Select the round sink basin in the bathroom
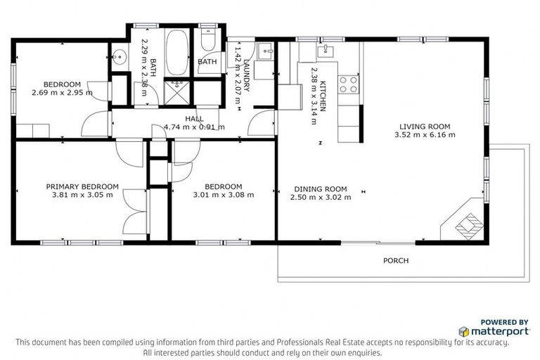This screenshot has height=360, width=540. pos(119,57)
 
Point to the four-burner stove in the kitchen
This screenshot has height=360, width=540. pos(347,84)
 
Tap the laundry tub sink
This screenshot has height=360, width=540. pos(264,51)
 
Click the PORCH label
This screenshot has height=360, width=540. pos(395,261)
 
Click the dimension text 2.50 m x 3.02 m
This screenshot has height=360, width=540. pos(321,198)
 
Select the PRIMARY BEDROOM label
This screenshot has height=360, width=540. pos(82,186)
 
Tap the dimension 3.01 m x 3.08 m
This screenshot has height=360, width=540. pos(224,195)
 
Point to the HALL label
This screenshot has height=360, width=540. pos(194,119)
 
